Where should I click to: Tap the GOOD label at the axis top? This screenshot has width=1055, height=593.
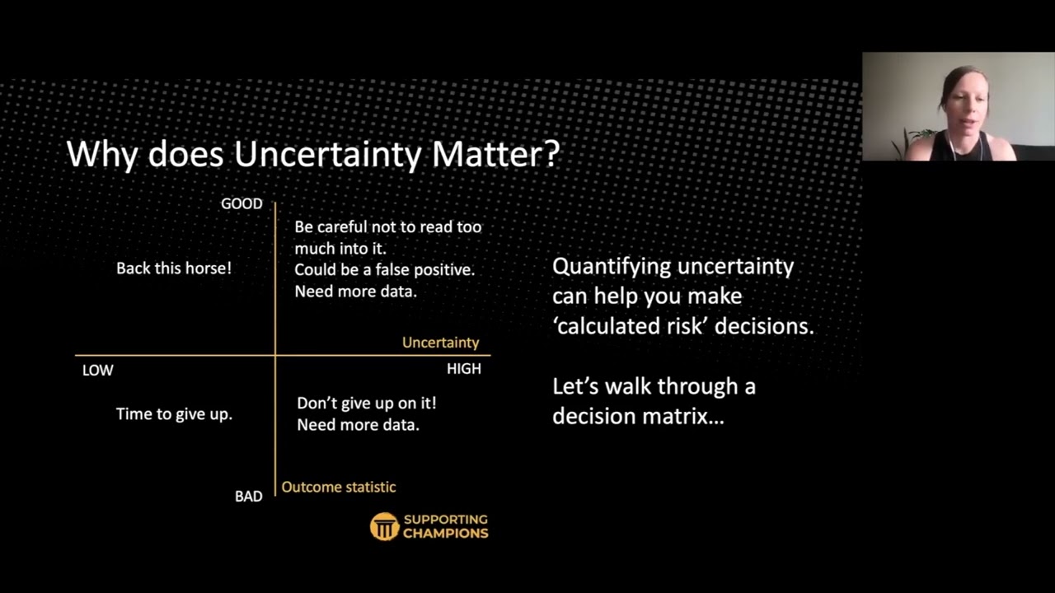click(x=241, y=203)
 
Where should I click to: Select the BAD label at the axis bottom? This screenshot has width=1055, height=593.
click(x=248, y=496)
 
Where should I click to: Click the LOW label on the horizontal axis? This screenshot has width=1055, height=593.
click(x=97, y=370)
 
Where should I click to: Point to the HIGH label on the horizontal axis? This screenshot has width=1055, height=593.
click(x=463, y=369)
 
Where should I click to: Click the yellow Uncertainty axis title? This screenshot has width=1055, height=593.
click(x=440, y=342)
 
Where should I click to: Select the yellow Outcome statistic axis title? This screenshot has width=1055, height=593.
click(x=339, y=487)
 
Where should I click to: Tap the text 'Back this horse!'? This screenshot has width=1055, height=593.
click(x=174, y=268)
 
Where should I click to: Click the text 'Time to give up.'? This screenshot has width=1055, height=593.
click(x=174, y=413)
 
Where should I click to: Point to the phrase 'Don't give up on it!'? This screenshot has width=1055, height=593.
click(x=366, y=403)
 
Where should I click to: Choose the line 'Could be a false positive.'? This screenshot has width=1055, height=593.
click(x=384, y=269)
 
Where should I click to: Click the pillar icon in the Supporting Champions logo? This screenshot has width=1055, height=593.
click(x=384, y=526)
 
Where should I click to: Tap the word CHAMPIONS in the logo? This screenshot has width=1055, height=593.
click(x=445, y=533)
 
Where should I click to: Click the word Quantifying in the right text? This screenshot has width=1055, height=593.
click(x=609, y=266)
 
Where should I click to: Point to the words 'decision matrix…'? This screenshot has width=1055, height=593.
click(x=638, y=416)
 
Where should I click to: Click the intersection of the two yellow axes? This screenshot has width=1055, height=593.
click(x=275, y=355)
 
